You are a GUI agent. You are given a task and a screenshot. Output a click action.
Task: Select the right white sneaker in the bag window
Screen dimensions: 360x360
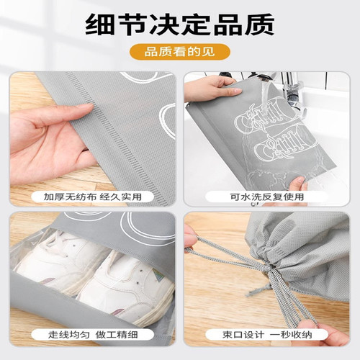tap(126, 284)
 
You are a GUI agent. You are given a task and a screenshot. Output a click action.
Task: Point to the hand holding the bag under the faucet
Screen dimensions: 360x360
tap(209, 90)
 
